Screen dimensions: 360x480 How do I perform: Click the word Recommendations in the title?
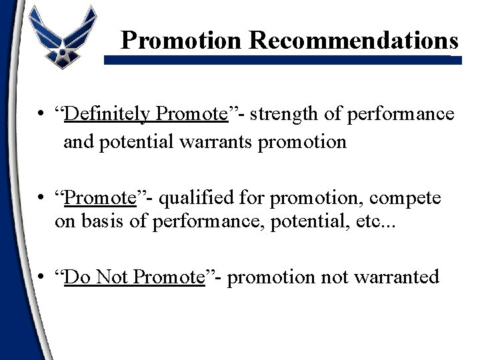tap(354, 41)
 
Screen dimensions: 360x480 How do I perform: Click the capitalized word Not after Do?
tap(112, 277)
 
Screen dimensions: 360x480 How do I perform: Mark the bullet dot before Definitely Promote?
tap(42, 115)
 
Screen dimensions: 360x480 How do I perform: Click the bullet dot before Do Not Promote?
tap(42, 277)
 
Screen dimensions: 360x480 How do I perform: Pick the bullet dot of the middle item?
tap(42, 198)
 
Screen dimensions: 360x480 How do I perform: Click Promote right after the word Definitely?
tap(192, 114)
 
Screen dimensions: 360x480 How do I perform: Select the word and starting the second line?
tap(78, 142)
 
